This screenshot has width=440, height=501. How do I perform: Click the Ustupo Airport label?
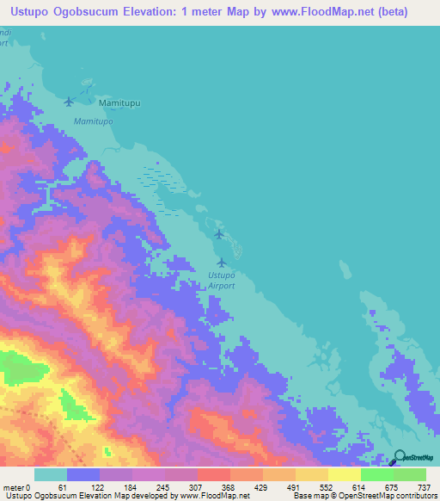[x=222, y=280]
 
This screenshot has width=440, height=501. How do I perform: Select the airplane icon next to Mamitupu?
[x=70, y=102]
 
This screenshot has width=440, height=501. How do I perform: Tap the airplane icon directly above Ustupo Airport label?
[x=223, y=262]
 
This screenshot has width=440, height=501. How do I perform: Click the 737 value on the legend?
[x=422, y=486]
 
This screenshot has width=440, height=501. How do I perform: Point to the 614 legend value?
[x=356, y=486]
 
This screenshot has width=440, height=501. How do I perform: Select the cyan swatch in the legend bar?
[x=51, y=474]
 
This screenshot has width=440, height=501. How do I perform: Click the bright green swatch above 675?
[x=376, y=474]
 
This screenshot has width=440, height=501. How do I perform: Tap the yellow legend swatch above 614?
[x=344, y=474]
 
